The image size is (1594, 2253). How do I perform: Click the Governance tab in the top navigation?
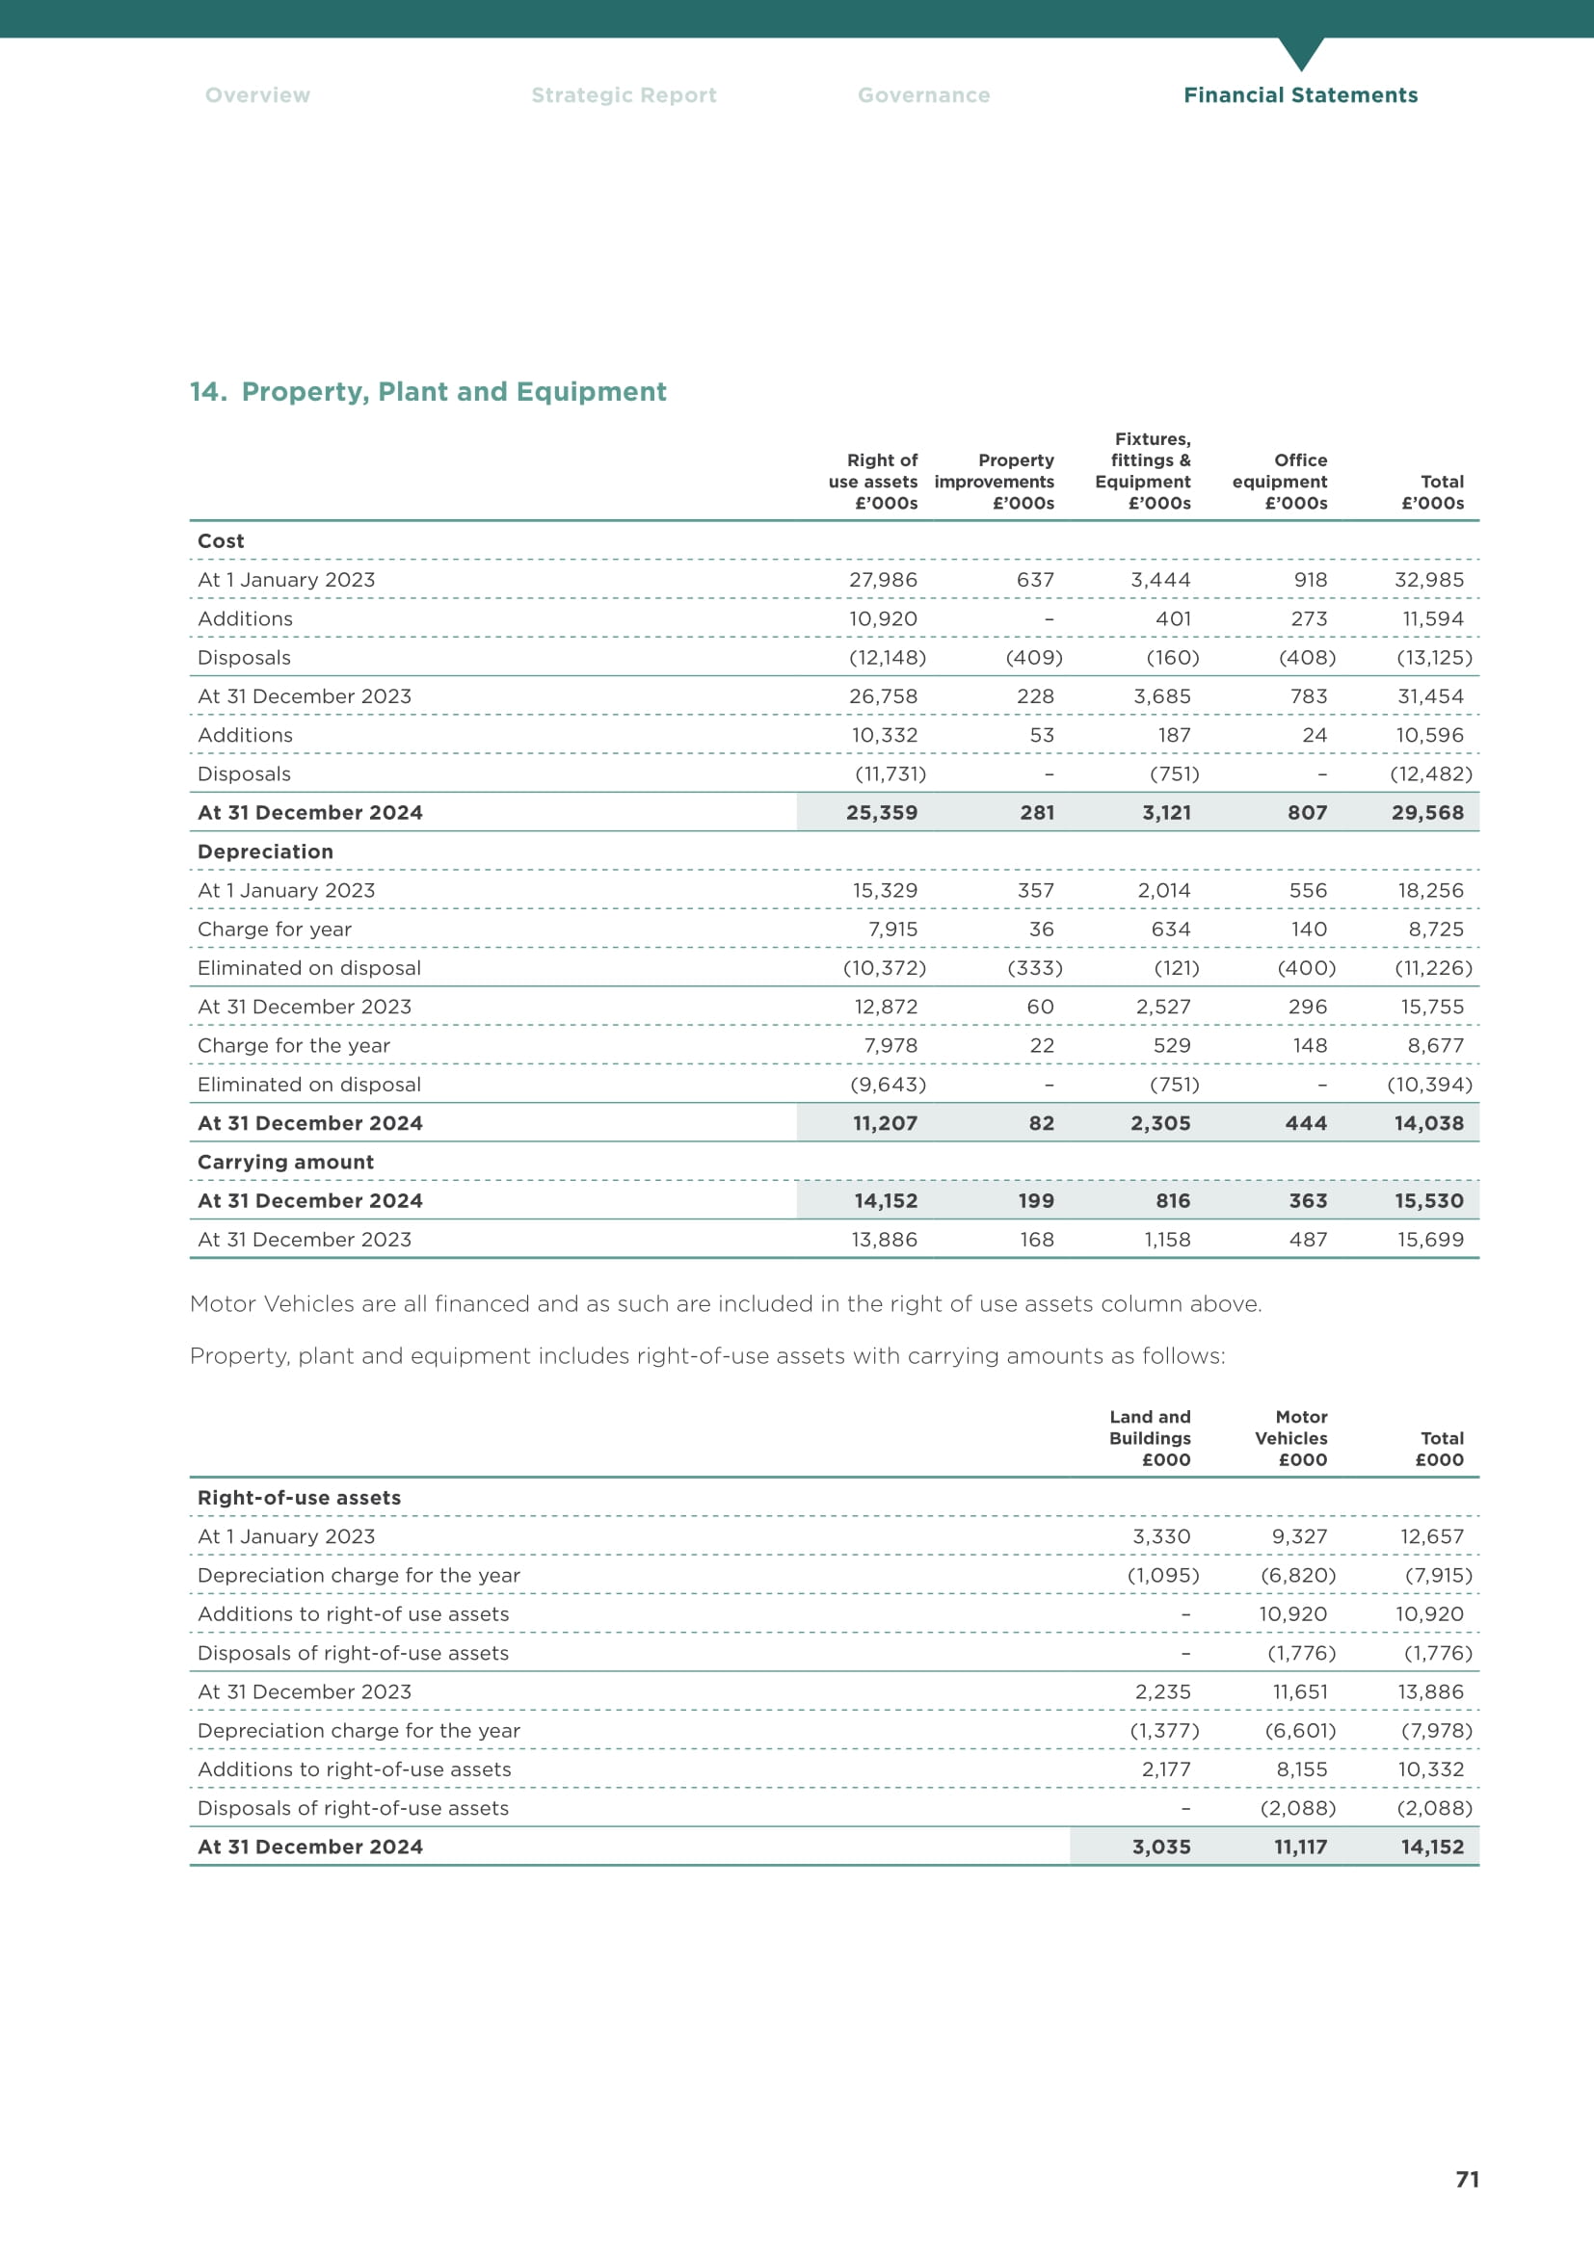923,95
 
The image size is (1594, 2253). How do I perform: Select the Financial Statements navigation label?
1299,95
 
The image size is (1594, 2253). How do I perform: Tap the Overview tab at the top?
257,95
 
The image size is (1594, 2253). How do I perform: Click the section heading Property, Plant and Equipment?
428,391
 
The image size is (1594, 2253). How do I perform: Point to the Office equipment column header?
1280,481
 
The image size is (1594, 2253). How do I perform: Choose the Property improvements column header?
995,481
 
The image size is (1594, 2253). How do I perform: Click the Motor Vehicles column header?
1290,1437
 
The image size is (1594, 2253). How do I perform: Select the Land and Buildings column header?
1150,1437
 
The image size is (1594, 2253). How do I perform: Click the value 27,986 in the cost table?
883,580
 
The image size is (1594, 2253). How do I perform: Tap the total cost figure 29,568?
1427,813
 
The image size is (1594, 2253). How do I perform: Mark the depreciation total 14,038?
1428,1123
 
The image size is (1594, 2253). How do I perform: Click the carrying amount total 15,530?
1428,1201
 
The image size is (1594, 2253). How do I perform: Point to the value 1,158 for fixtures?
1166,1240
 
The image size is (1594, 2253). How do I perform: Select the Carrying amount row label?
285,1162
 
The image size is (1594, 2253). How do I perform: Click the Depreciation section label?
265,851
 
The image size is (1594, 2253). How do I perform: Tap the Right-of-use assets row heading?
300,1498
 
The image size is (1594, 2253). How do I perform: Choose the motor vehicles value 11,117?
1299,1847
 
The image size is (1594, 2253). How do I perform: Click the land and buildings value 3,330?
1161,1536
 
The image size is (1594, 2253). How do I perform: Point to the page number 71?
1467,2180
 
